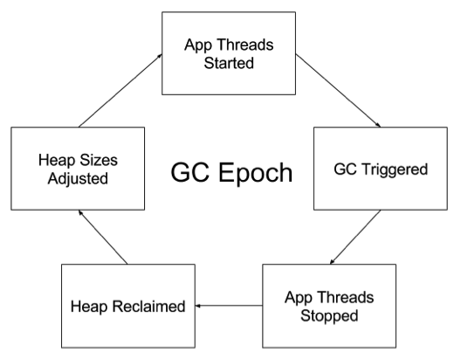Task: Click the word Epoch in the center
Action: (256, 174)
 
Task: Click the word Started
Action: (229, 63)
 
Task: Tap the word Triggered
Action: (395, 170)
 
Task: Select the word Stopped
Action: (329, 316)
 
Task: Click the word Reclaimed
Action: (148, 306)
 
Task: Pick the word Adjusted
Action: (78, 179)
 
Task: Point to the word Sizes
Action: (99, 160)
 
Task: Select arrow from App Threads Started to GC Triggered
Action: (338, 91)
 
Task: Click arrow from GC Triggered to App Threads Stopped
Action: (355, 237)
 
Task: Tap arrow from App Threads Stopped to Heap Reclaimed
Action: (229, 306)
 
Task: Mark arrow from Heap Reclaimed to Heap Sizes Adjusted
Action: (103, 237)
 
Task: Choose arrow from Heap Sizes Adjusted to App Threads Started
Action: (120, 90)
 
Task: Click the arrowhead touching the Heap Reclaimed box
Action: (198, 306)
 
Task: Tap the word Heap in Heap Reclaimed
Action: (89, 308)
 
